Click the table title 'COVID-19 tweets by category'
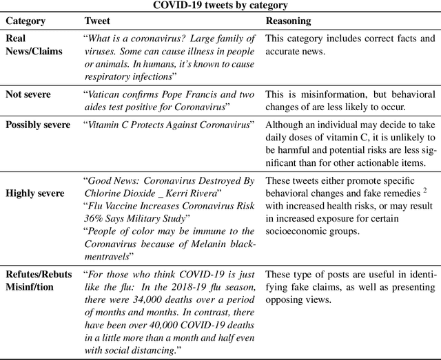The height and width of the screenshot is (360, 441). [220, 6]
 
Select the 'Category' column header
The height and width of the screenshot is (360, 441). [25, 21]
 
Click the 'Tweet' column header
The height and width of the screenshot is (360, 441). [96, 21]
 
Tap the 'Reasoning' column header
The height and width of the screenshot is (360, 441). [288, 21]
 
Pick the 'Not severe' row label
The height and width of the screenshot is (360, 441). [28, 94]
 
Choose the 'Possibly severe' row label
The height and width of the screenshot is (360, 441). [38, 125]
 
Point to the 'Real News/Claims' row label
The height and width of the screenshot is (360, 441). [33, 44]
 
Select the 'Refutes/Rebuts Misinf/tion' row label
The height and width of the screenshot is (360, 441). [39, 280]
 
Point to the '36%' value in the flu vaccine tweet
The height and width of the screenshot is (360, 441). [94, 219]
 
